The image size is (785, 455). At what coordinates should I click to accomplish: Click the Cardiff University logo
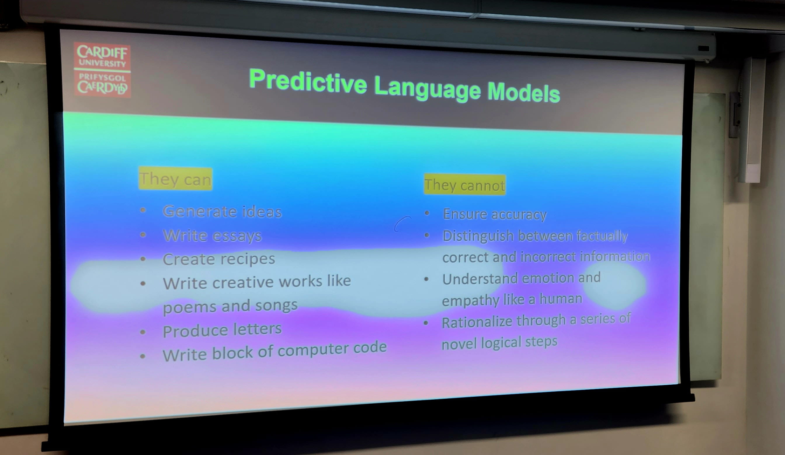(x=102, y=70)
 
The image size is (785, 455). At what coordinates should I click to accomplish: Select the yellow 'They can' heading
(x=176, y=178)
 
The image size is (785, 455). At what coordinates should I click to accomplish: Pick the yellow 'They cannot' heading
(x=464, y=185)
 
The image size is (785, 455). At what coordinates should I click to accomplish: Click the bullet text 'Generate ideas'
(x=222, y=212)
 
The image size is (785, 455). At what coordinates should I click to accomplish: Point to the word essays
(x=237, y=236)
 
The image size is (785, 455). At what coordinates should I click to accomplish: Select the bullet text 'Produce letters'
(x=222, y=330)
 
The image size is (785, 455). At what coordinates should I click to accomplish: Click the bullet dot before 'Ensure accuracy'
(x=427, y=213)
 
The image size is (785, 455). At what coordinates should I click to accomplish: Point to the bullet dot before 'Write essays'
(x=143, y=235)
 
